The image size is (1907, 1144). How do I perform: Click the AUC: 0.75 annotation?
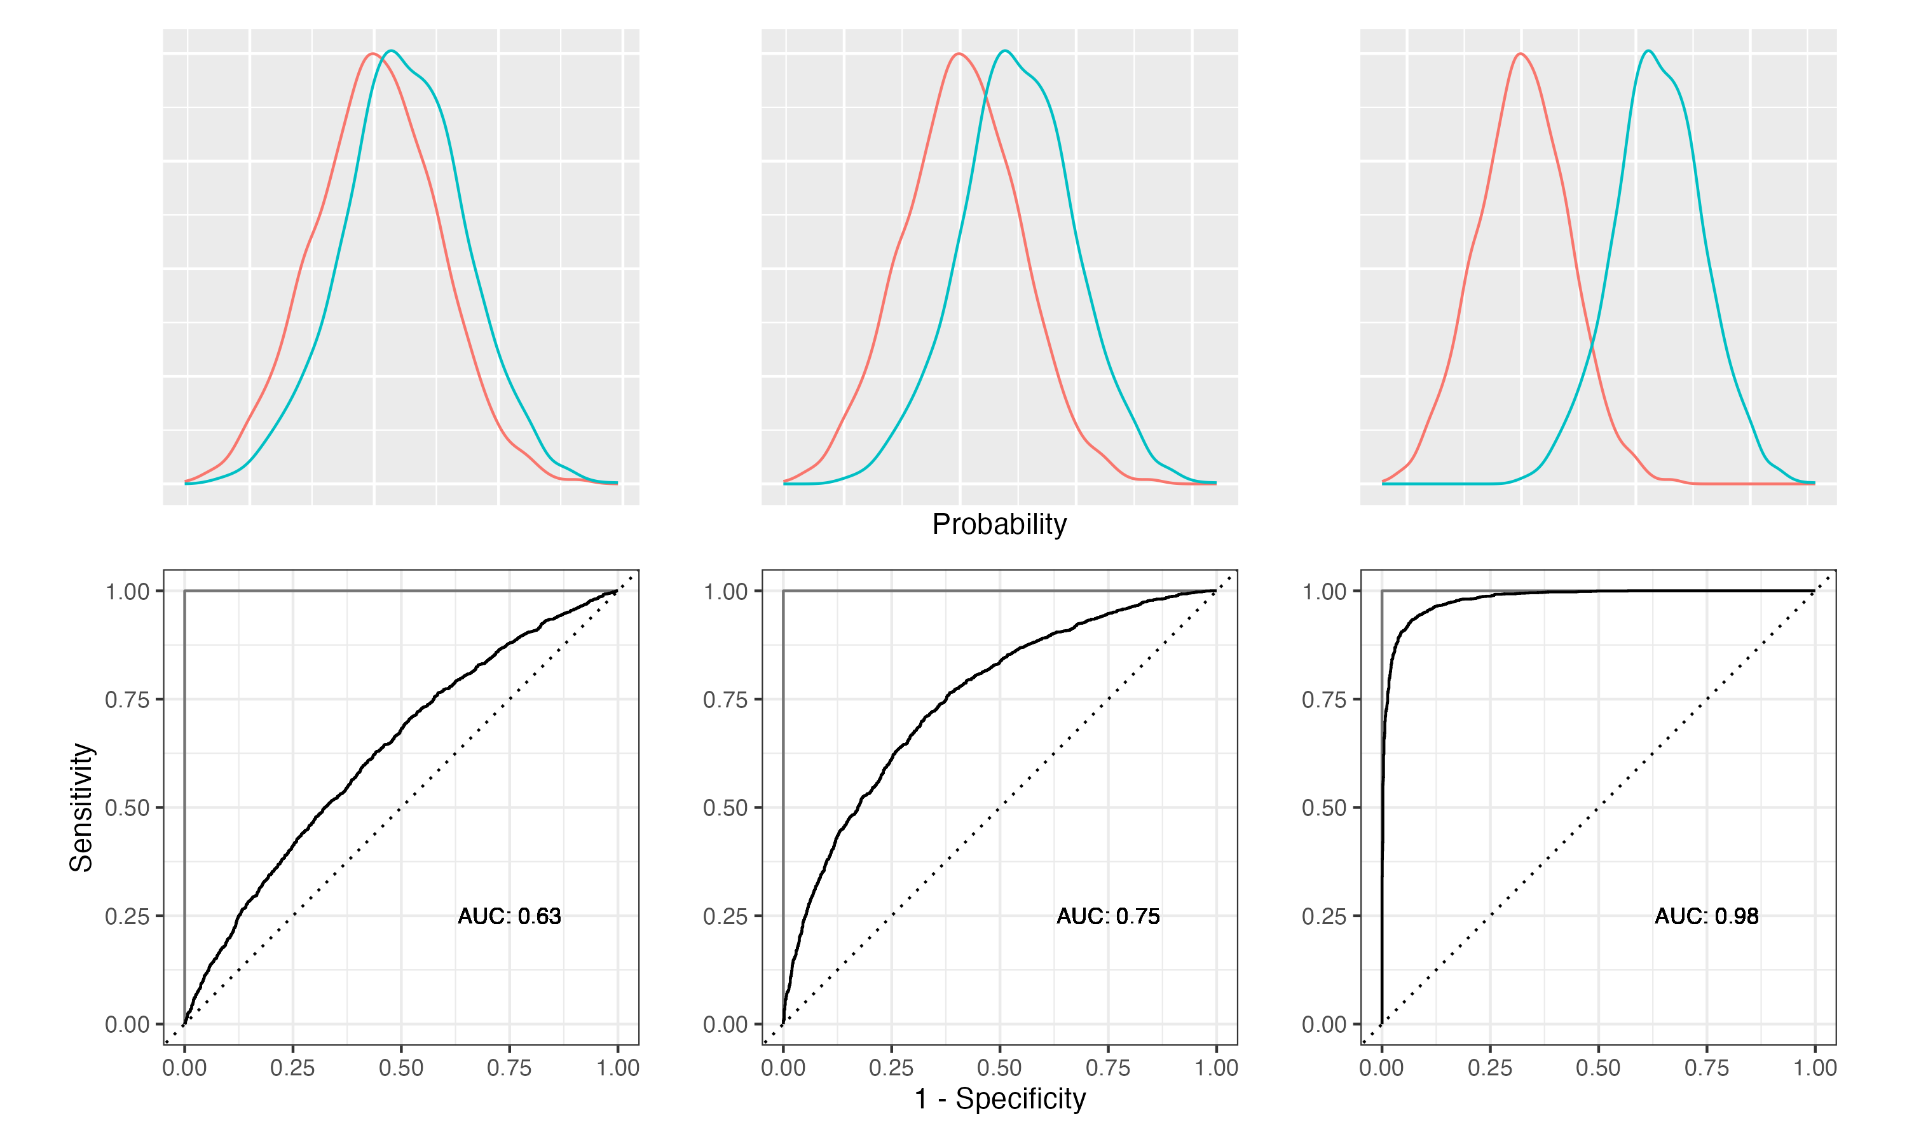tap(1108, 916)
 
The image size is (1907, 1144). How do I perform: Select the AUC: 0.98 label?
tap(1707, 916)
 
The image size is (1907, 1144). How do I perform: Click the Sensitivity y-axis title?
tap(81, 807)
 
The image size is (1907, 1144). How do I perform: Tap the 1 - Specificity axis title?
tap(1000, 1098)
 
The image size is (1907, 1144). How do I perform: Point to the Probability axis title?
tap(999, 524)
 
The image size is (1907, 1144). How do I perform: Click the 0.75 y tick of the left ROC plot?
tap(127, 699)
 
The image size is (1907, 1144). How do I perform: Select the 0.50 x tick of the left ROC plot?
tap(401, 1068)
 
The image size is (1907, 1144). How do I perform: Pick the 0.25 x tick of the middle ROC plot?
tap(891, 1068)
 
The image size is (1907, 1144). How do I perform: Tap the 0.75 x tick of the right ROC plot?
tap(1707, 1068)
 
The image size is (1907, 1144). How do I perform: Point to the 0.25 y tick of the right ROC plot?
tap(1324, 916)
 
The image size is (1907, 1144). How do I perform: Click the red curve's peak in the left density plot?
tap(373, 54)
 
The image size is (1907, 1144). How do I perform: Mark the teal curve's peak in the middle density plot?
tap(1005, 51)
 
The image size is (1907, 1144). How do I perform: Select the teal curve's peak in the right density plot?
tap(1648, 51)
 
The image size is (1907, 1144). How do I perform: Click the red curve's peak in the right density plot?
tap(1520, 54)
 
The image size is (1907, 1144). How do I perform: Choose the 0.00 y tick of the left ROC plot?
tap(127, 1025)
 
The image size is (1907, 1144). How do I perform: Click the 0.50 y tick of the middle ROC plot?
tap(725, 808)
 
